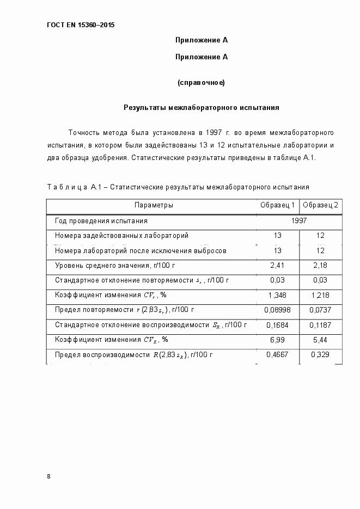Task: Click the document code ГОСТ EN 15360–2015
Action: (x=81, y=25)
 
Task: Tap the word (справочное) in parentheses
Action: (x=201, y=83)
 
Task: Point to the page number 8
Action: (x=49, y=476)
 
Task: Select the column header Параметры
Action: (x=154, y=205)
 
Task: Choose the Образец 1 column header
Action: (x=278, y=205)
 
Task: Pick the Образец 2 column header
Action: (x=320, y=205)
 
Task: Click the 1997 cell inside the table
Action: (x=299, y=221)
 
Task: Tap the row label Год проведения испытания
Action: (x=101, y=221)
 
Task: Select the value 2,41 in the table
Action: (x=278, y=265)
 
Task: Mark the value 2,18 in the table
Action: (x=320, y=265)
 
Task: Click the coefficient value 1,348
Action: (x=278, y=295)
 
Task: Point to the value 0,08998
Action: (x=278, y=310)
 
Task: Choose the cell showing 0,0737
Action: (x=320, y=310)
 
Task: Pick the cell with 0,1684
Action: (x=278, y=325)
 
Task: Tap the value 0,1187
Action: (x=320, y=325)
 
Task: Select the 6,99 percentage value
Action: (x=278, y=340)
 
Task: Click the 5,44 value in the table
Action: (x=320, y=340)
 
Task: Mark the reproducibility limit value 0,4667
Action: (x=278, y=354)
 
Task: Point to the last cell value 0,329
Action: (x=320, y=354)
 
